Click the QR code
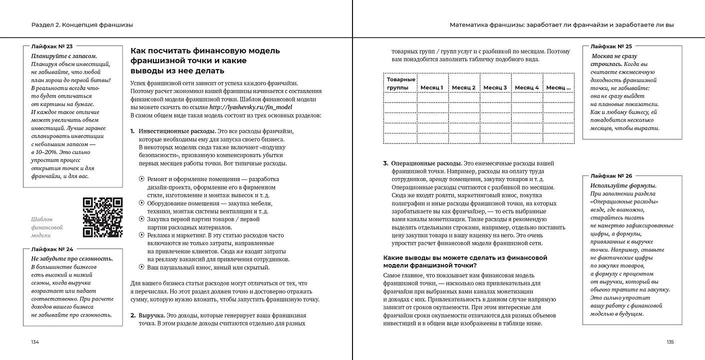coord(102,217)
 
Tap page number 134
coord(35,342)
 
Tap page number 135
coord(670,342)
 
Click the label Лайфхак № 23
coord(52,46)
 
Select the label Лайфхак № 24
coord(52,249)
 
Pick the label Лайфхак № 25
coord(611,46)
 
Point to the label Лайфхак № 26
coord(611,176)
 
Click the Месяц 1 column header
coord(432,87)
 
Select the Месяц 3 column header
coord(495,87)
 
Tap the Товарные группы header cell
coord(400,83)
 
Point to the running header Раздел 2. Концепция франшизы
coord(82,24)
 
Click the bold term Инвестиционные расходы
coord(170,131)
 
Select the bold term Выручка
coord(151,315)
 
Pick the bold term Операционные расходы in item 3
coord(426,163)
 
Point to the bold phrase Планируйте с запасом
coord(64,56)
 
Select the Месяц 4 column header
coord(526,87)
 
